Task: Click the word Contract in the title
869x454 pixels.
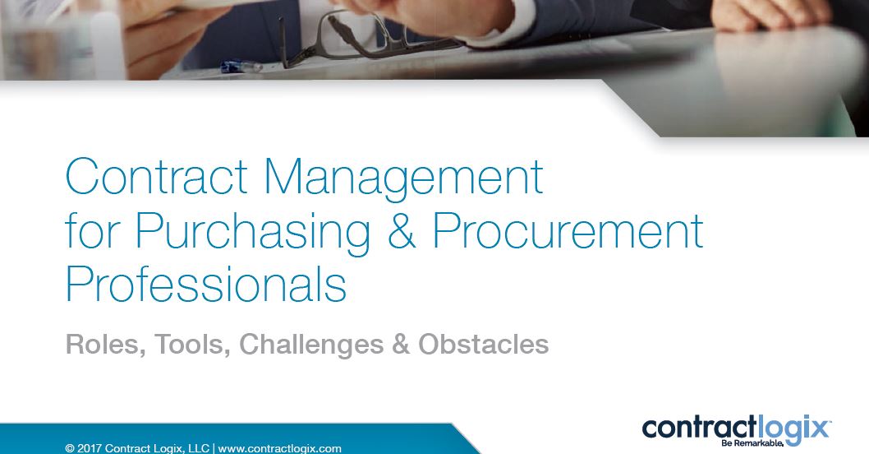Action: pyautogui.click(x=156, y=177)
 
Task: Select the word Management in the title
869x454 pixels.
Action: pyautogui.click(x=403, y=177)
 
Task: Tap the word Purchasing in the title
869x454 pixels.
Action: pyautogui.click(x=253, y=231)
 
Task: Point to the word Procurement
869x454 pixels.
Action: pyautogui.click(x=568, y=231)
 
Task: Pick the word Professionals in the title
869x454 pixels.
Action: pyautogui.click(x=206, y=284)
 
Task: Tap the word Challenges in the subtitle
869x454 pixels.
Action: pyautogui.click(x=311, y=345)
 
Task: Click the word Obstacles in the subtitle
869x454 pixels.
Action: pyautogui.click(x=483, y=344)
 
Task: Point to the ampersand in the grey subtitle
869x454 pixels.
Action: pyautogui.click(x=401, y=344)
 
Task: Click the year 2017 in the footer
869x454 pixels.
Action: pyautogui.click(x=90, y=448)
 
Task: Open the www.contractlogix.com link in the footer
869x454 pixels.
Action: pyautogui.click(x=279, y=448)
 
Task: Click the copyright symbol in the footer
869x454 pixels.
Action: pyautogui.click(x=70, y=448)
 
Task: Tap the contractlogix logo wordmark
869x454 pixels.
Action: pyautogui.click(x=735, y=429)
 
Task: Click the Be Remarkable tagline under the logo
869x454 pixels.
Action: pyautogui.click(x=752, y=443)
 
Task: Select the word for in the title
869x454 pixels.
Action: pyautogui.click(x=92, y=231)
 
